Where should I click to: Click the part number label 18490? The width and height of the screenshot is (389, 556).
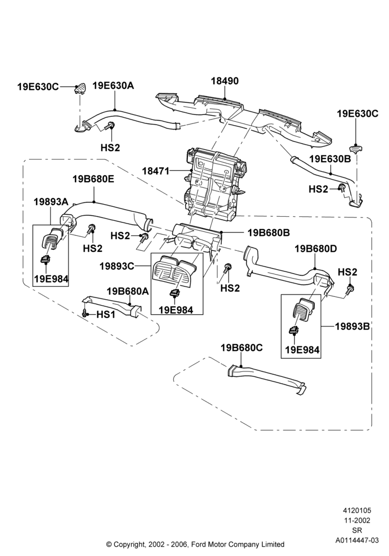point(225,81)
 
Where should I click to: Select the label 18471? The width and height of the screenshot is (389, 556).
point(156,171)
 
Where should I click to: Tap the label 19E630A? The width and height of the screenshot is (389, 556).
point(113,86)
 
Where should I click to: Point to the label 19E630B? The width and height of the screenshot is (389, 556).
point(330,159)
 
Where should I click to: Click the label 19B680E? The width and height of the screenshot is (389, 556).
point(93,179)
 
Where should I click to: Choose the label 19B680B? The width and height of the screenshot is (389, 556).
point(269,232)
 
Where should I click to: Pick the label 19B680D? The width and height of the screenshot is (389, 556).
point(316,249)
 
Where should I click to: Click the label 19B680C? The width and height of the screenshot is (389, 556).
point(242,348)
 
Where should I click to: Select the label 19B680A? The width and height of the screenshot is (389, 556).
point(128,291)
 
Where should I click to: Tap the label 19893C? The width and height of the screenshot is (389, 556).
point(117,266)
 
